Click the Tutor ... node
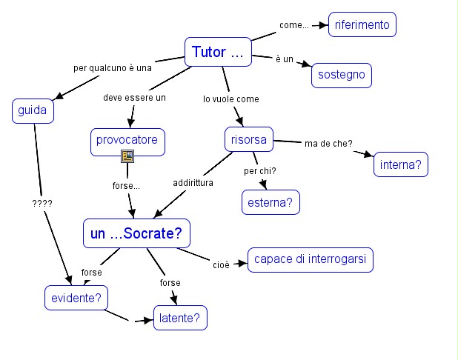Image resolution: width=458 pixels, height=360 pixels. (217, 52)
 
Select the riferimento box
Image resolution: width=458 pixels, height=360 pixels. (362, 24)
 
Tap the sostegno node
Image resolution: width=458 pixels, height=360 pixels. (342, 76)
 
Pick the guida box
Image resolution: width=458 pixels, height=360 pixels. (33, 111)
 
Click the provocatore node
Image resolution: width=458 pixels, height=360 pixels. (127, 139)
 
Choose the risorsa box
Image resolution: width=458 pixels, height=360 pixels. (248, 139)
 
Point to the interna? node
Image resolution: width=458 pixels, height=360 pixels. (401, 164)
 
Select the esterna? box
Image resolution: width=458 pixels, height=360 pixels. (271, 201)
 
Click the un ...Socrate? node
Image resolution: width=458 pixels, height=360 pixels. (136, 234)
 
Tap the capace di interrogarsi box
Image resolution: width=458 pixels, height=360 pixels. (311, 260)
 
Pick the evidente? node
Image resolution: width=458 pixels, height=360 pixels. (76, 298)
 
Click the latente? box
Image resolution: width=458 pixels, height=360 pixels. (180, 319)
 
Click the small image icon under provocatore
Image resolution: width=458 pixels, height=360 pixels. (127, 156)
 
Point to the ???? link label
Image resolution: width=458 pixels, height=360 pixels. (42, 202)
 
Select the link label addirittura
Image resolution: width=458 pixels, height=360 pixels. (193, 182)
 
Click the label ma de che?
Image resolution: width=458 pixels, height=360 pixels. (328, 143)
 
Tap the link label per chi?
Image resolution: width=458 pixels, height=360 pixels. (260, 171)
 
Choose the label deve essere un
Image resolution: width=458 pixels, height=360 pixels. (134, 97)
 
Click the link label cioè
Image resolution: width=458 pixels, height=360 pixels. (221, 263)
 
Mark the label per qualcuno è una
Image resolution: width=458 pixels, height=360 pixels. (113, 67)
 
